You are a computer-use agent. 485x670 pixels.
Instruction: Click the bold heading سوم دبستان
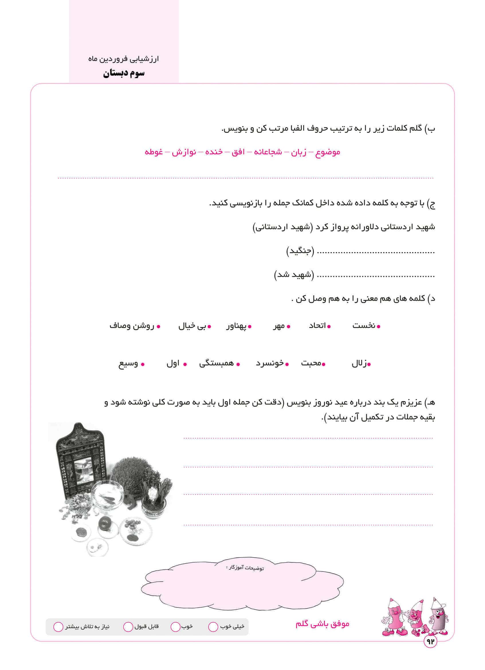tap(124, 73)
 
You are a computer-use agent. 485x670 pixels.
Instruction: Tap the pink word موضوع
tap(328, 152)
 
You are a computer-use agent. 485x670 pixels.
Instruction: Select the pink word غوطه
tap(154, 152)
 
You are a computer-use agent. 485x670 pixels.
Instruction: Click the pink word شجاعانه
tap(268, 152)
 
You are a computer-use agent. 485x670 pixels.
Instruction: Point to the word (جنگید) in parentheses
tap(300, 252)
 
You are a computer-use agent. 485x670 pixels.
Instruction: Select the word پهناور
tap(236, 326)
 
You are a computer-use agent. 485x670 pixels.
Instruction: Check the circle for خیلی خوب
tap(213, 627)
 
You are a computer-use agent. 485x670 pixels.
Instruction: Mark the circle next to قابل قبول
tap(128, 627)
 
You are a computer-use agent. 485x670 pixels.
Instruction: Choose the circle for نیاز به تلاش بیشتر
tap(58, 627)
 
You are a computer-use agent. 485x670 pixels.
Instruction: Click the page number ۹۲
tap(430, 642)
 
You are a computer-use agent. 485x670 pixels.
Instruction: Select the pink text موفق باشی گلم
tap(322, 624)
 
